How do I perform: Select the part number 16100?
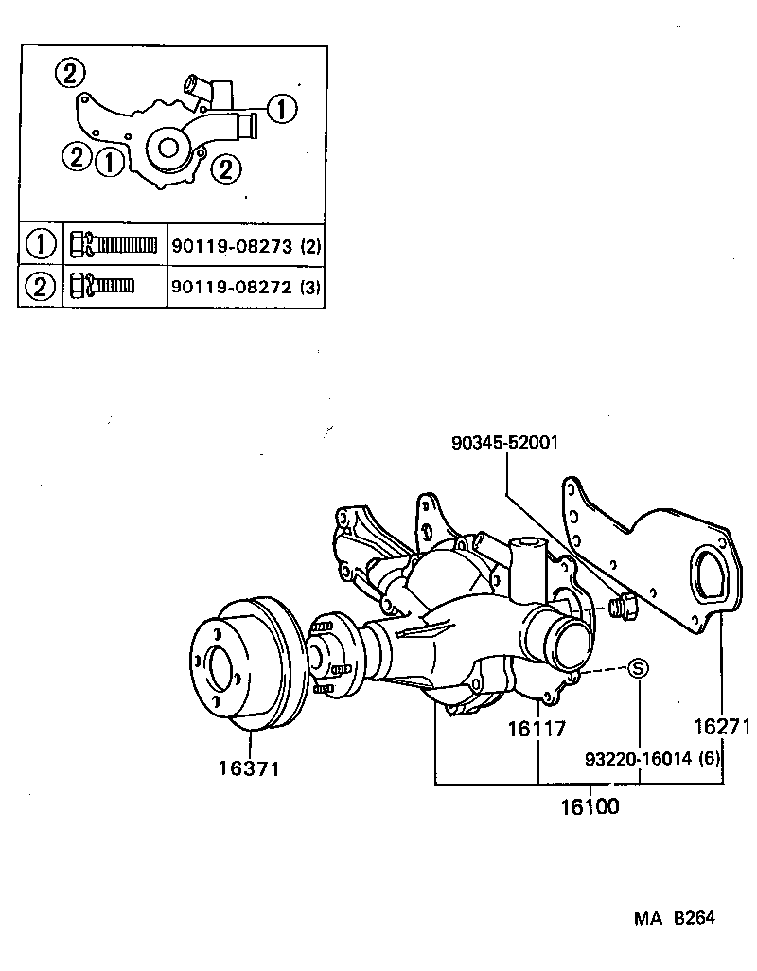click(x=589, y=807)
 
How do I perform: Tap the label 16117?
click(x=536, y=729)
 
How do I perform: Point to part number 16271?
click(x=721, y=727)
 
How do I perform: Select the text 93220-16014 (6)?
click(x=653, y=758)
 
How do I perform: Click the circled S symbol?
click(x=638, y=667)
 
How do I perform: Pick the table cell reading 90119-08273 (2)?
click(x=246, y=247)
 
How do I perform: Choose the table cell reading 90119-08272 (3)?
click(x=246, y=285)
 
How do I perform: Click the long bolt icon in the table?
click(x=114, y=246)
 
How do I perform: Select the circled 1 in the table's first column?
click(x=41, y=246)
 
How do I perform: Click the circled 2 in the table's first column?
click(x=41, y=285)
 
